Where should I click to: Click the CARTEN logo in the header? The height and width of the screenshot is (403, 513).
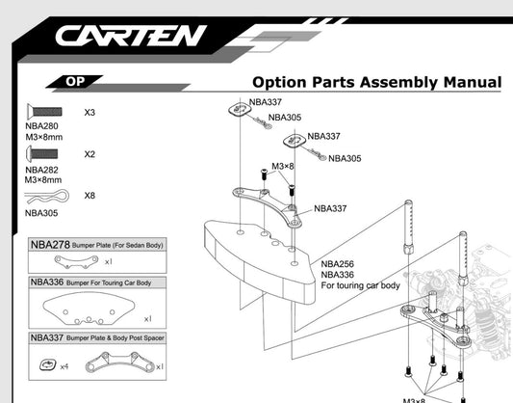click(x=130, y=37)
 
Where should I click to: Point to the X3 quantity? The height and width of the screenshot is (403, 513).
click(x=90, y=113)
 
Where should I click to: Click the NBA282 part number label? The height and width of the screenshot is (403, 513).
click(x=42, y=170)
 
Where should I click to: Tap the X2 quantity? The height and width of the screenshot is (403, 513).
click(x=90, y=154)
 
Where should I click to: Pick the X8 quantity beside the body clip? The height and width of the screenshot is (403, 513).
click(x=90, y=196)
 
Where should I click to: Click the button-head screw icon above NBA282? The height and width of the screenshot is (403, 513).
click(x=42, y=154)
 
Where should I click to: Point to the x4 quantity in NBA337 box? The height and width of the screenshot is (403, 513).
click(x=64, y=367)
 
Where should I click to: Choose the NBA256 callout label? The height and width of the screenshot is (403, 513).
click(x=338, y=264)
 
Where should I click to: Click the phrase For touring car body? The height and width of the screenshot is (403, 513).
click(x=360, y=286)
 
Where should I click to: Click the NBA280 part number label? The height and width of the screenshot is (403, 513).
click(x=42, y=126)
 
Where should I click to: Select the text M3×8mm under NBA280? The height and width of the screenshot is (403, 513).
click(x=42, y=137)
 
